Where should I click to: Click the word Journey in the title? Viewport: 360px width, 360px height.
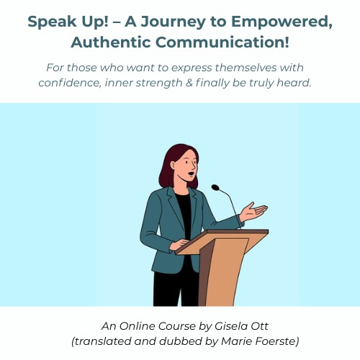(173, 22)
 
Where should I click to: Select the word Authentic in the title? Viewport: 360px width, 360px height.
(111, 42)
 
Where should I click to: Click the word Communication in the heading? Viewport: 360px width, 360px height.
(222, 42)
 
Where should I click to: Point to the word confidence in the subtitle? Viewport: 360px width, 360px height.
(70, 83)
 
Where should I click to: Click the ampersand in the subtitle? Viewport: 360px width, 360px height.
(189, 83)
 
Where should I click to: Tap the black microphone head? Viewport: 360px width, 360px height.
(215, 188)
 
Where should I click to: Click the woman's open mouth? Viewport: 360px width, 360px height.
(191, 174)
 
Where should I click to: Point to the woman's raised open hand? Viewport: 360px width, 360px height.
(253, 212)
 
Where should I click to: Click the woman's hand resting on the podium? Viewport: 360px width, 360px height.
(179, 245)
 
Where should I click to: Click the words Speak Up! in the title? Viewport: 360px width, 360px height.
(68, 22)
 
